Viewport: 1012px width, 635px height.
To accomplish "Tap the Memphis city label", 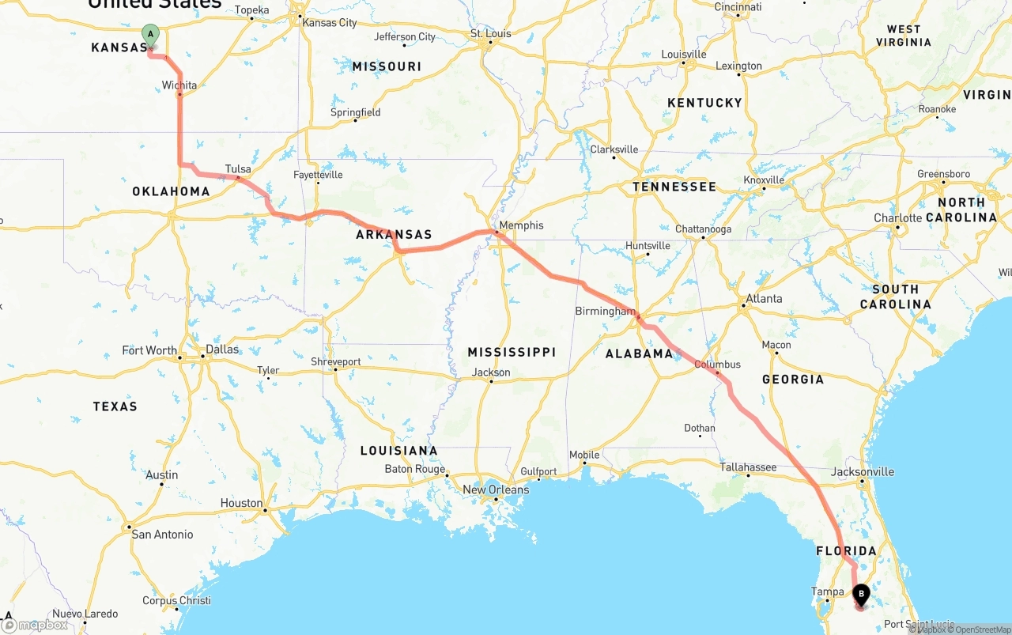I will (x=521, y=225).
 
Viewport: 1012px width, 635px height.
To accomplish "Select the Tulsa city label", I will (x=238, y=169).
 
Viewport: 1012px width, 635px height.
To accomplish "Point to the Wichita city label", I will (x=179, y=85).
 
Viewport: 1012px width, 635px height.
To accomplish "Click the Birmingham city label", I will (x=605, y=312).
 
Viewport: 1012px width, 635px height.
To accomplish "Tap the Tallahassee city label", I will (x=748, y=467).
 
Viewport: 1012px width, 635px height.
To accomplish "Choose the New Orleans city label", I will (x=496, y=489).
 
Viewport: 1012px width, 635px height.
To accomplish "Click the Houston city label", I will (x=241, y=503).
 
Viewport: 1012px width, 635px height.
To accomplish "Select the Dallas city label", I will (x=221, y=350).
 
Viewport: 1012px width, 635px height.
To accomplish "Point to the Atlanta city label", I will (x=764, y=299).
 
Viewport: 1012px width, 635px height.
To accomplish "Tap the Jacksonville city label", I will (x=863, y=472).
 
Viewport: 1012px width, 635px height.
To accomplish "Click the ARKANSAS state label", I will (x=394, y=234).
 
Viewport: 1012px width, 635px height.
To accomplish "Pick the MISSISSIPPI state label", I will (x=512, y=352).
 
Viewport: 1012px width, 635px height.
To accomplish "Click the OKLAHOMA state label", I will (x=171, y=191).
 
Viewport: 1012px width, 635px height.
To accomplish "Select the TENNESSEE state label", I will (x=674, y=187).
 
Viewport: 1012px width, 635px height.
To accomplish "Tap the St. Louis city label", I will (x=492, y=34).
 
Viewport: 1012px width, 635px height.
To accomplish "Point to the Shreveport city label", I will (x=335, y=361).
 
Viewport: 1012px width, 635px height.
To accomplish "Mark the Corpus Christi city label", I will (x=176, y=600).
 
